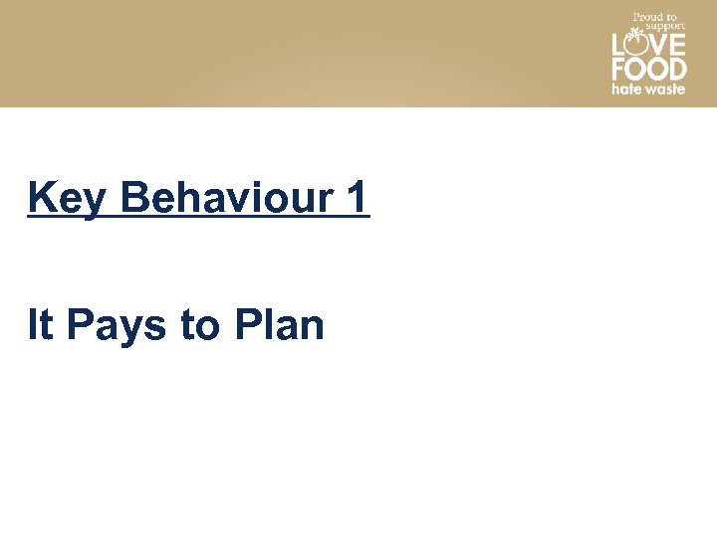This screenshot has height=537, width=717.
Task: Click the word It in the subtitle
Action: tap(40, 325)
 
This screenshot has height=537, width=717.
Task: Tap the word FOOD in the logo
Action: tap(648, 69)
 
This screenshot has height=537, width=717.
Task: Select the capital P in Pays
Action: tap(79, 325)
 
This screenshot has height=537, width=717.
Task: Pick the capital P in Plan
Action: tap(247, 325)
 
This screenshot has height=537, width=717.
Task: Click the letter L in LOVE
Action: tap(617, 45)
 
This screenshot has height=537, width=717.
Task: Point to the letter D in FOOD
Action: tap(677, 69)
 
